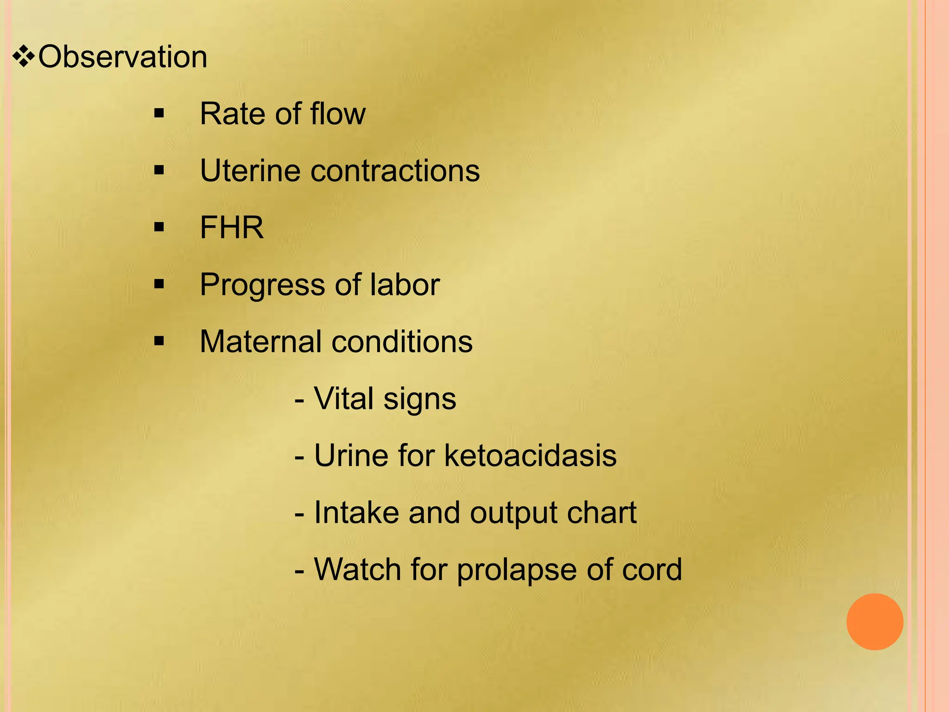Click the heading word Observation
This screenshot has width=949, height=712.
[x=123, y=57]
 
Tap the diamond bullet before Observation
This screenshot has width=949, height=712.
[x=24, y=57]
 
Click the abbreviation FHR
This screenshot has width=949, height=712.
[x=232, y=228]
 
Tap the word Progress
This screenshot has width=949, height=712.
[x=262, y=285]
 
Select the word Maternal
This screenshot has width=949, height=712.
[x=260, y=342]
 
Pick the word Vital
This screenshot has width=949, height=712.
[x=344, y=399]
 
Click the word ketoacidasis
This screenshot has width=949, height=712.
[x=530, y=456]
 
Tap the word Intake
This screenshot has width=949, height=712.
[x=357, y=513]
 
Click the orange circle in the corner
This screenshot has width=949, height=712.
[x=874, y=622]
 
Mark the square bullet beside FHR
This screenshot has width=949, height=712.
[x=159, y=228]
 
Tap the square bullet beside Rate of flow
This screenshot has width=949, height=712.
[x=159, y=114]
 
